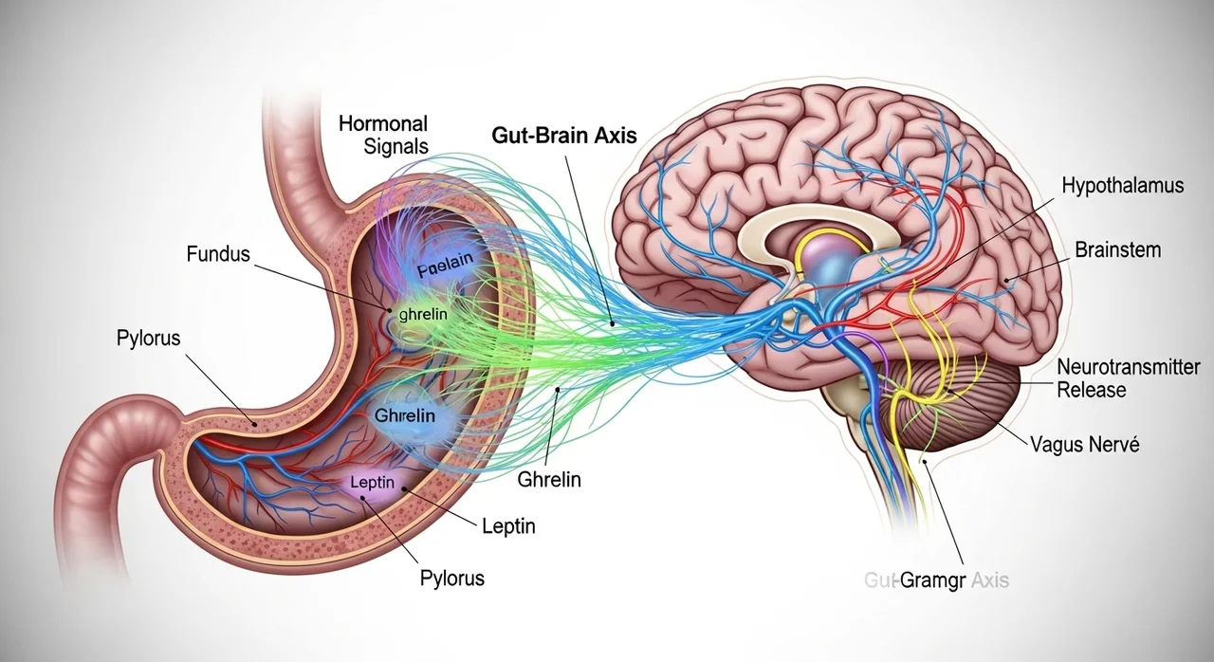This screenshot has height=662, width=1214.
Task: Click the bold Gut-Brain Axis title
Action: coord(564,136)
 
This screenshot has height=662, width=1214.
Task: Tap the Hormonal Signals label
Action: coord(383,135)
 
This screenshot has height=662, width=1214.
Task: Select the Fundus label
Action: coord(219,253)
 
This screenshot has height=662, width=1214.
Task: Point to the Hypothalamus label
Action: coord(1123,185)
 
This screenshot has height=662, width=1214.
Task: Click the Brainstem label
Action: coord(1117,250)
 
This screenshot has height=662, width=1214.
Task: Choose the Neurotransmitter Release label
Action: coord(1128,378)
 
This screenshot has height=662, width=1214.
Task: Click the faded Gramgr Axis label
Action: coord(937,579)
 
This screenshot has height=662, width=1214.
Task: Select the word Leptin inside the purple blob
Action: coord(371,483)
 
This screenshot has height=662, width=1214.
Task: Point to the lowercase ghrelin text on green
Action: coord(423,313)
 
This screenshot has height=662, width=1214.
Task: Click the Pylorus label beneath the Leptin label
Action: coord(452,578)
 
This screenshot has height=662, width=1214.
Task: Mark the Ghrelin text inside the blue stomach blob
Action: coord(405,416)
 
